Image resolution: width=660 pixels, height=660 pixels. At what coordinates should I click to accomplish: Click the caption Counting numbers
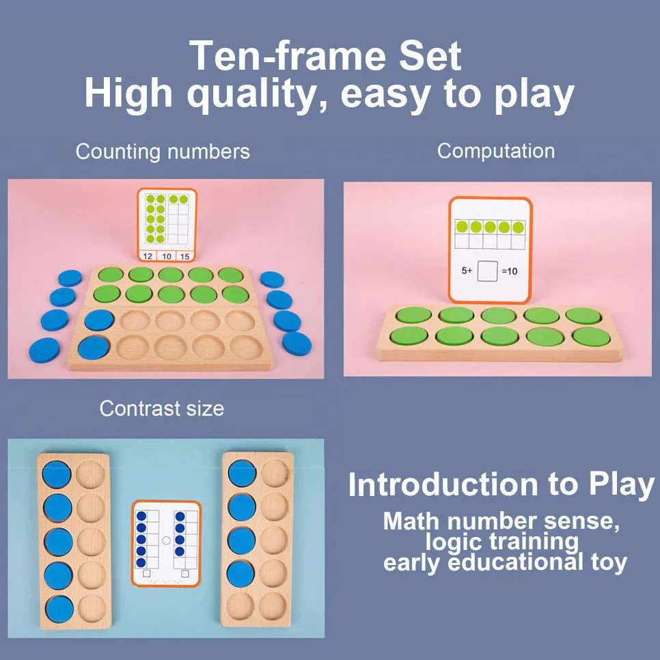(163, 151)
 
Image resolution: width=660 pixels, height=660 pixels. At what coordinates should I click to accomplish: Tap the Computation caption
(495, 151)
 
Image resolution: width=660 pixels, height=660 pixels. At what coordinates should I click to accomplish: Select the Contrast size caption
(161, 409)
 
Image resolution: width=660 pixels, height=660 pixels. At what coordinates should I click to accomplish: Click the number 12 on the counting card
(148, 256)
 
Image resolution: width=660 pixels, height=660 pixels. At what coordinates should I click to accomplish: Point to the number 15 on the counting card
(184, 256)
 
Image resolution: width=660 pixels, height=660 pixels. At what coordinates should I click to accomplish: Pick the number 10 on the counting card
(166, 256)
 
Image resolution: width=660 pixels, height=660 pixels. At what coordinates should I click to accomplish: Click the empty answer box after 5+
(488, 271)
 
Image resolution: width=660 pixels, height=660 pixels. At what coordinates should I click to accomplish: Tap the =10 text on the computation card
(510, 271)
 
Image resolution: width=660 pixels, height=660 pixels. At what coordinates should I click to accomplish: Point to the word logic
(455, 542)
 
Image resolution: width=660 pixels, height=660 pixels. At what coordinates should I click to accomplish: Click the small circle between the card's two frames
(166, 540)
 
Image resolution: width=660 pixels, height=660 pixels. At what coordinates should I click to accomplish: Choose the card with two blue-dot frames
(166, 544)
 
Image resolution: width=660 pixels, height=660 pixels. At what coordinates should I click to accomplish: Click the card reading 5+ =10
(489, 249)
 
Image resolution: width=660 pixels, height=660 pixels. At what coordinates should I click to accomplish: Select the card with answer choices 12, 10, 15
(166, 225)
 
